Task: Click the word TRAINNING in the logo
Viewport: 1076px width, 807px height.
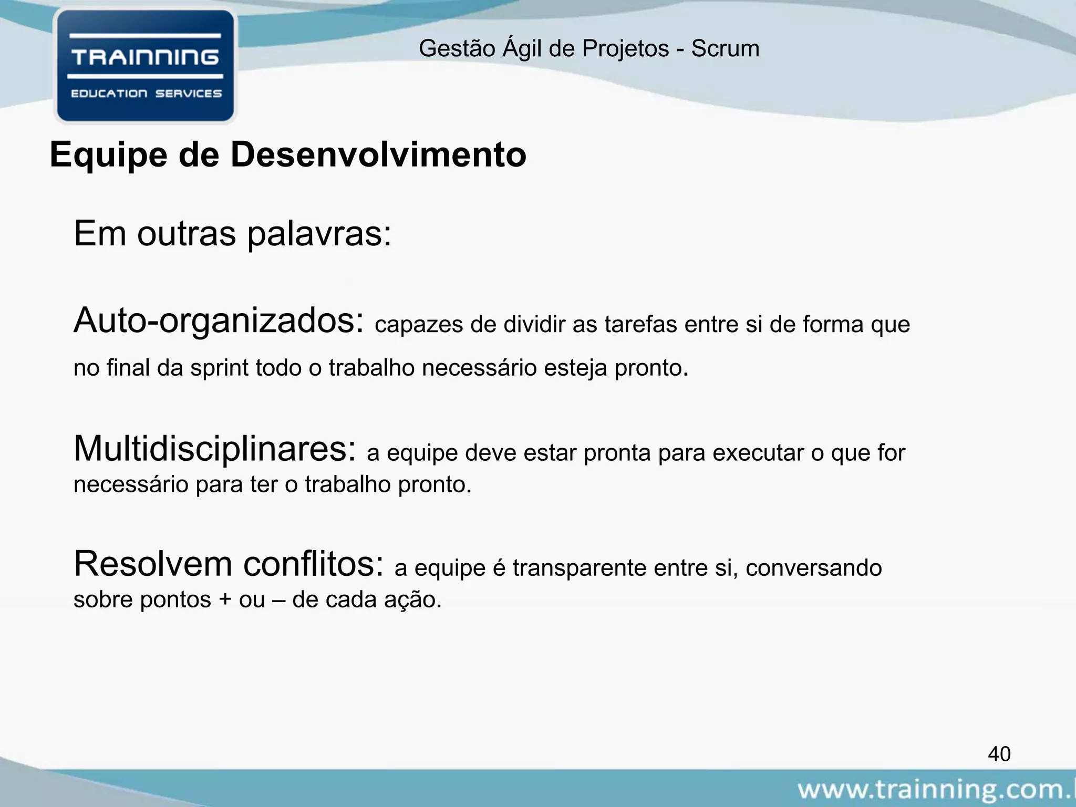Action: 145,57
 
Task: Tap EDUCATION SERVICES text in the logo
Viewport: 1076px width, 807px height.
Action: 146,94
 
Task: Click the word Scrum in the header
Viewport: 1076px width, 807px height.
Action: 725,49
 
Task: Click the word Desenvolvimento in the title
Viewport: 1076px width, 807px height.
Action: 378,155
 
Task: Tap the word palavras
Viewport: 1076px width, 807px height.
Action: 319,234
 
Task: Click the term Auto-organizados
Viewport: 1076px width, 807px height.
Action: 219,321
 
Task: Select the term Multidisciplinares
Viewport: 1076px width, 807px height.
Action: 215,449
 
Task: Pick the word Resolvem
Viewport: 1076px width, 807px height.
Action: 153,564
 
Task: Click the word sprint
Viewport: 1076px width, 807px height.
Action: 220,368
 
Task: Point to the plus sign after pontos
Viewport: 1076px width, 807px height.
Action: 225,600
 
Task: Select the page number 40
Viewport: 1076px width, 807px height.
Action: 999,754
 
